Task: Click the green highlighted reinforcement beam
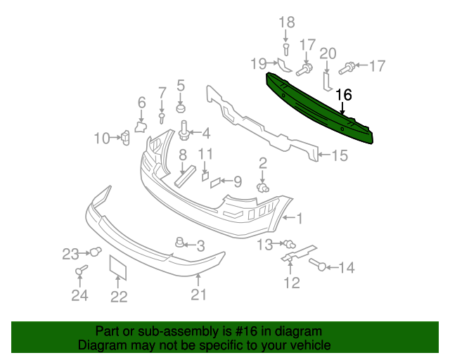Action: [320, 109]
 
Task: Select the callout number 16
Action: [343, 95]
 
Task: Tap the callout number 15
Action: [339, 156]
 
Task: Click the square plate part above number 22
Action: [117, 270]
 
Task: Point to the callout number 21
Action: [199, 295]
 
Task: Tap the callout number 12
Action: [292, 283]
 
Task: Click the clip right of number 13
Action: [288, 244]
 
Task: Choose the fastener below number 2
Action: [265, 188]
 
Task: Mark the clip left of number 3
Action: [179, 243]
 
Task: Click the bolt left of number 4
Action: [186, 131]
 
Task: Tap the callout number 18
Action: [286, 22]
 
